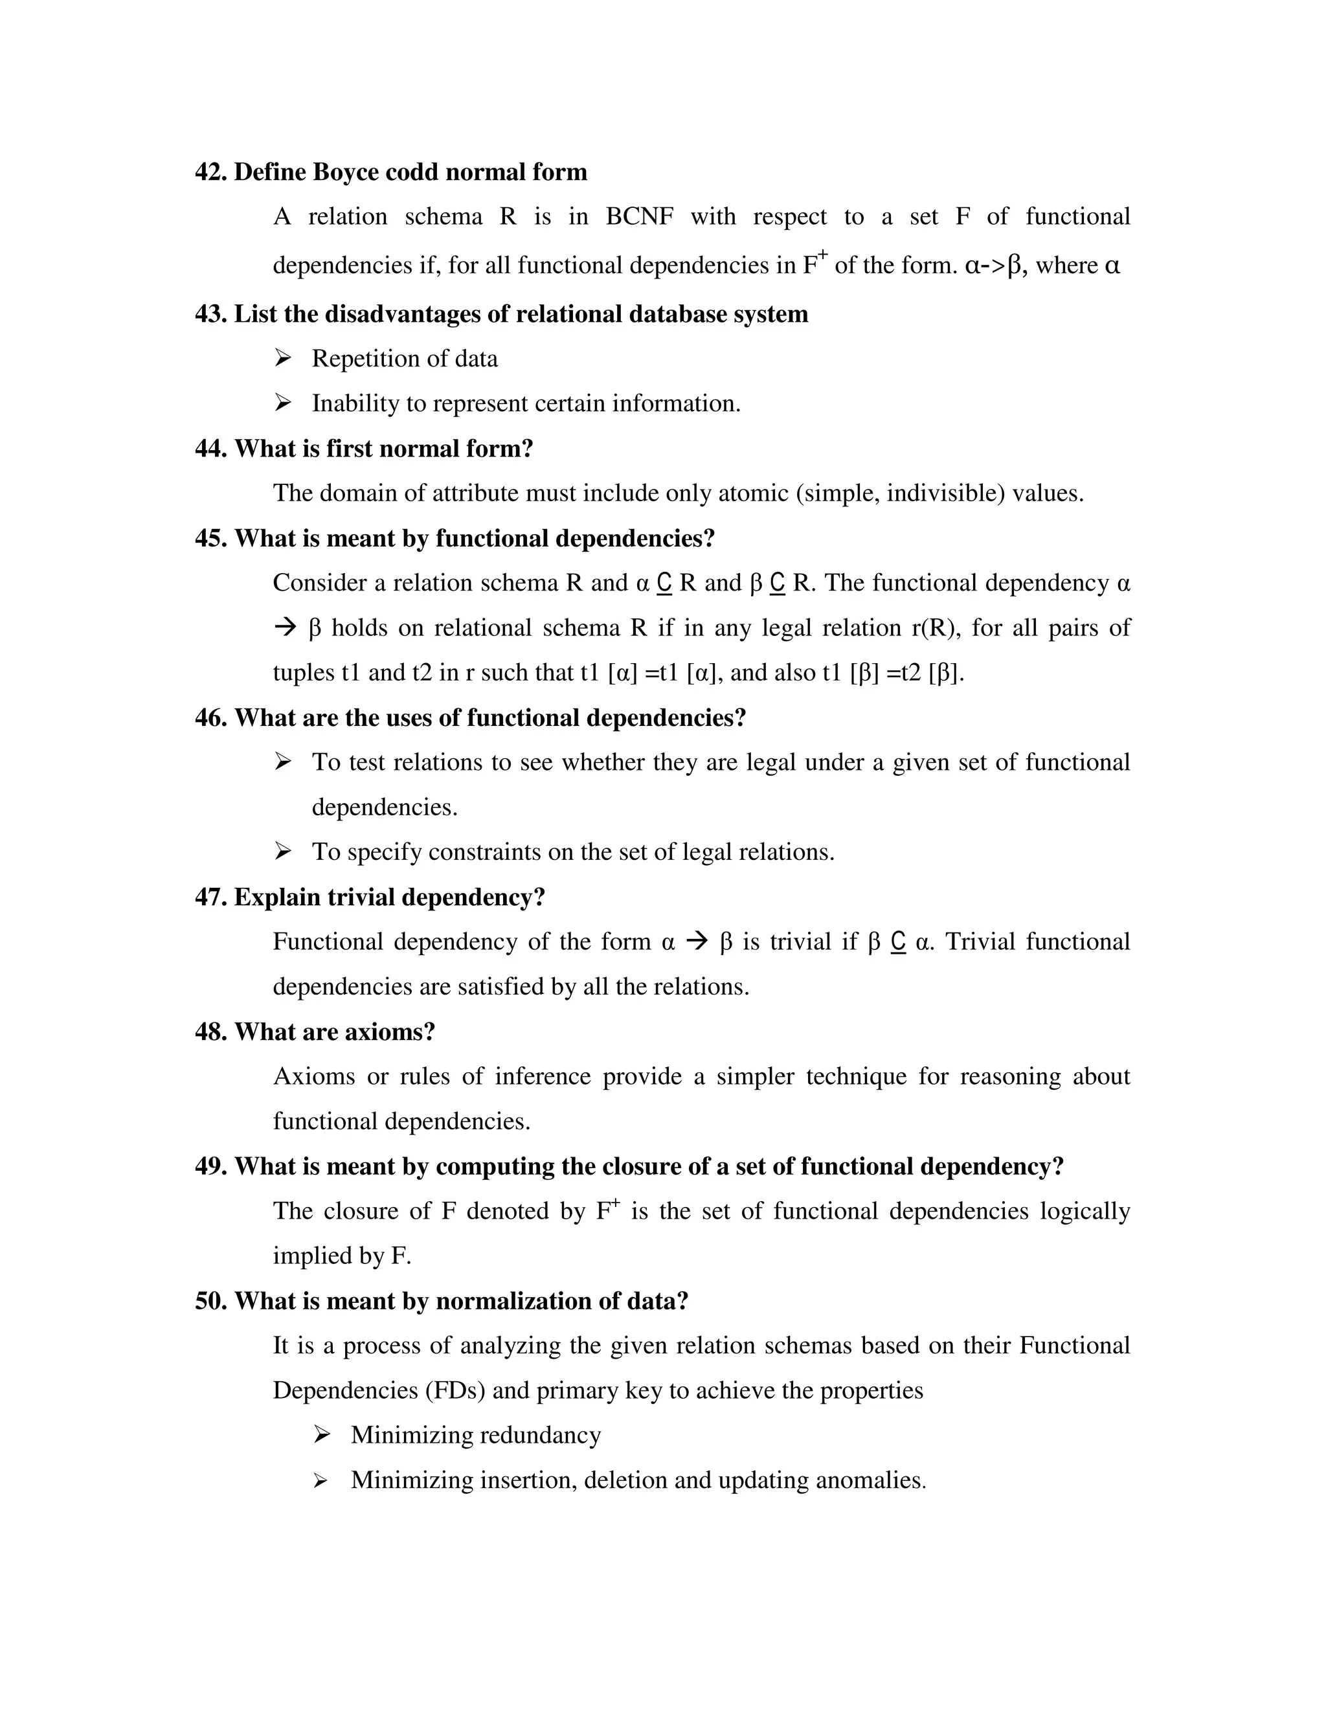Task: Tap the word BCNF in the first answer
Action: point(640,217)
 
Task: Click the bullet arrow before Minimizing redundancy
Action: point(321,1436)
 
